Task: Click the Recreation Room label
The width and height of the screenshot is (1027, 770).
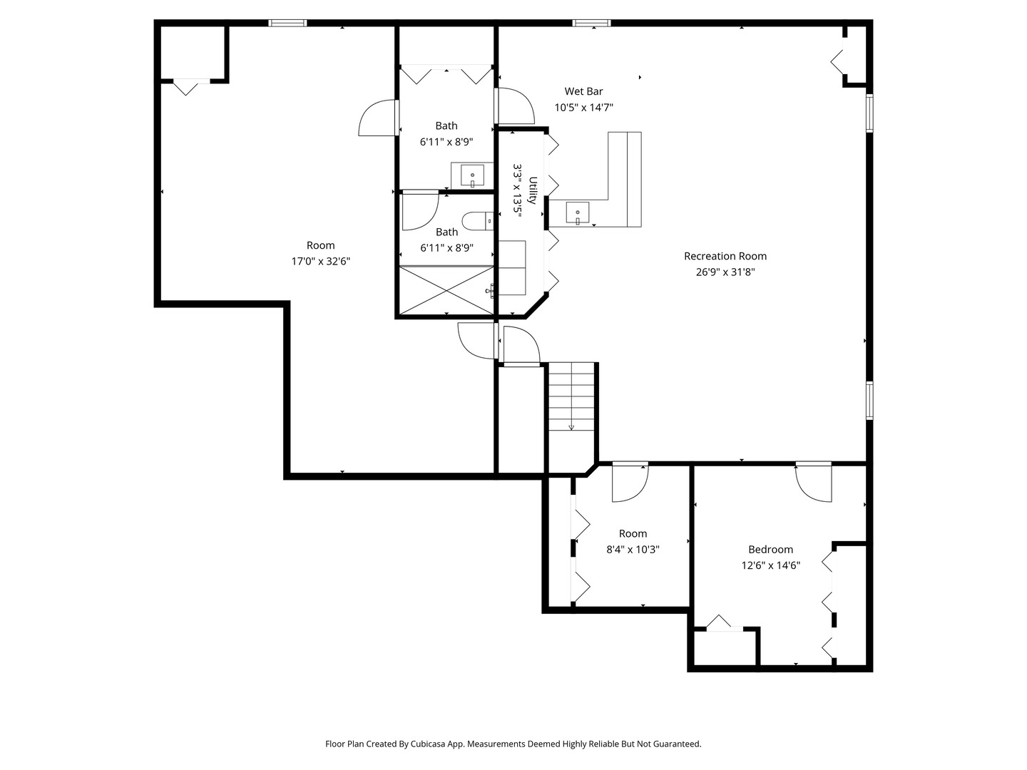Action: coord(725,256)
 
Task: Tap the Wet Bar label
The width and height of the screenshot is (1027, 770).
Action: coord(583,91)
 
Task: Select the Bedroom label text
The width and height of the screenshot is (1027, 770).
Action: coord(770,549)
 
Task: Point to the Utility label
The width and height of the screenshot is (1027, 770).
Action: coord(533,190)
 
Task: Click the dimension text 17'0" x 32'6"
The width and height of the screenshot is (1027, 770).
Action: coord(321,261)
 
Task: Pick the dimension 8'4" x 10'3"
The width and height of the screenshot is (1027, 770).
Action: coord(633,549)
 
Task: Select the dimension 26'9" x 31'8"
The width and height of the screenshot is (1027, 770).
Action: coord(725,272)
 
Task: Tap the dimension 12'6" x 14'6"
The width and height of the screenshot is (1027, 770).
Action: coord(770,565)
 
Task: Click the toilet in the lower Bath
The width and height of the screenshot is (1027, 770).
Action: coord(478,221)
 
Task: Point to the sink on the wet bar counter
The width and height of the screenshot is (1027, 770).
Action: coord(578,213)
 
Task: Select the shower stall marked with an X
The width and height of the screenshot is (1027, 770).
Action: coord(446,290)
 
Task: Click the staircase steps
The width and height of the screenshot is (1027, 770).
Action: coord(571,396)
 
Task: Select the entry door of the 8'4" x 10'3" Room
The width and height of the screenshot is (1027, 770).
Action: coord(630,483)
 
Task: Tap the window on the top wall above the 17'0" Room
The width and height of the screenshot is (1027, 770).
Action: coord(287,22)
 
